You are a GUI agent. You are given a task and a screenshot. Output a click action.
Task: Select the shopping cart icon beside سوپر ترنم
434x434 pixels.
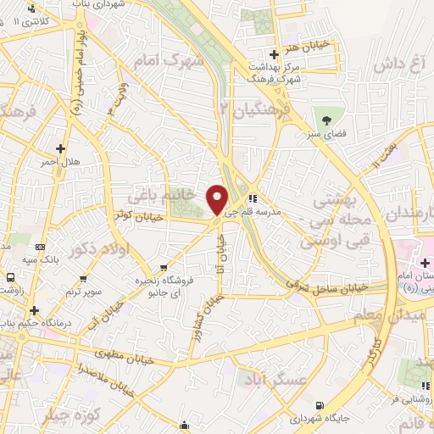point(83,277)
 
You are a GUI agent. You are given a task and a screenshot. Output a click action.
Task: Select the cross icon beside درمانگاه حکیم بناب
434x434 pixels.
point(34,311)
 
